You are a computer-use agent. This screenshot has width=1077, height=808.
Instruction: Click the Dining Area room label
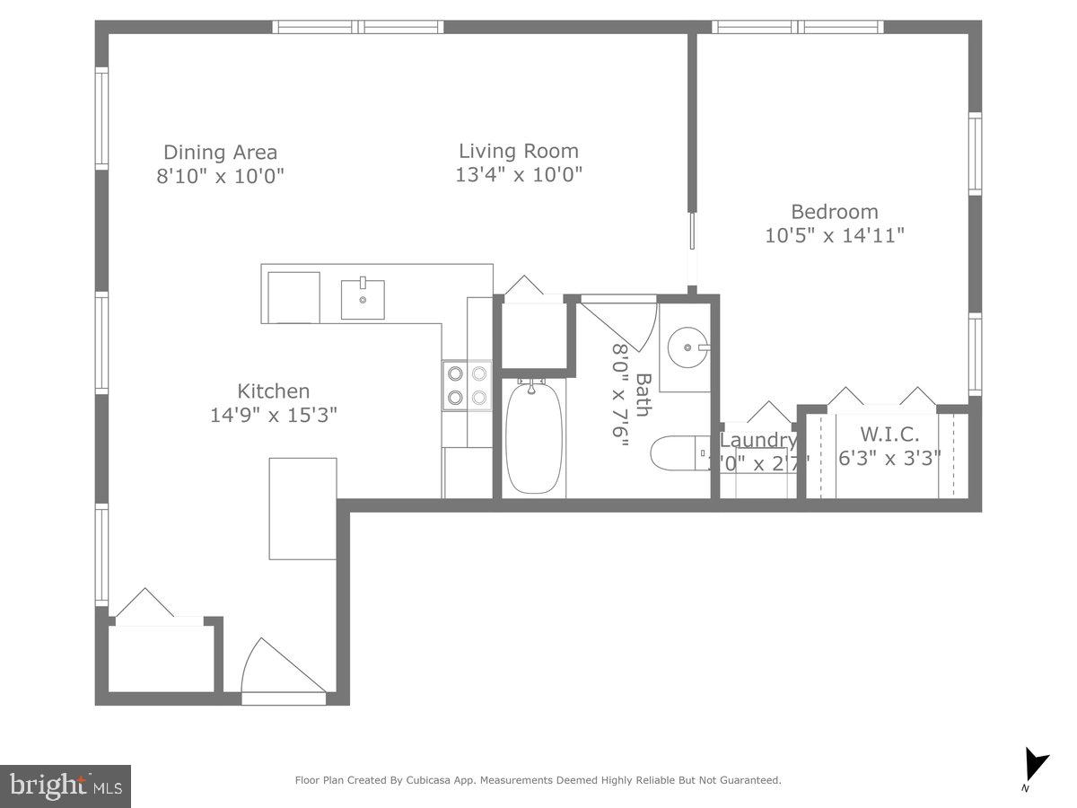pos(220,153)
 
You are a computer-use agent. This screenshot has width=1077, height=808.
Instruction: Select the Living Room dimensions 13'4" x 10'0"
pos(519,174)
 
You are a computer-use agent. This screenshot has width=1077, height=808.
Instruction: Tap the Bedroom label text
pos(834,212)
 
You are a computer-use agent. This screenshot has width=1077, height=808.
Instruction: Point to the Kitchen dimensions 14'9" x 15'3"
pos(274,415)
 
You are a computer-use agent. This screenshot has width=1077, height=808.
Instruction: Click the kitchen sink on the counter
pos(363,299)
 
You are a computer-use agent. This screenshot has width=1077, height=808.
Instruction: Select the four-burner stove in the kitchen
pos(467,385)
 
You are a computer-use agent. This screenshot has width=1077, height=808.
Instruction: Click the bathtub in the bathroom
pos(533,436)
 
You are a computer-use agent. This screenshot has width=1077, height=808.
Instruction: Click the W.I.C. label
pos(890,435)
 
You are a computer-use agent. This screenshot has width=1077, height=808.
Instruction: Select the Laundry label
pos(758,440)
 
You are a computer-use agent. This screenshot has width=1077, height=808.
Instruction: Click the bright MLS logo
pos(66,786)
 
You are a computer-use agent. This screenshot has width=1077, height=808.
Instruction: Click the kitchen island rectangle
pos(303,509)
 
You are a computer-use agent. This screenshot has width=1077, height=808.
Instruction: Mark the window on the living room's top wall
pos(358,27)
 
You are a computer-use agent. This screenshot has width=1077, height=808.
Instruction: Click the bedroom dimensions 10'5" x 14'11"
pos(834,235)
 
